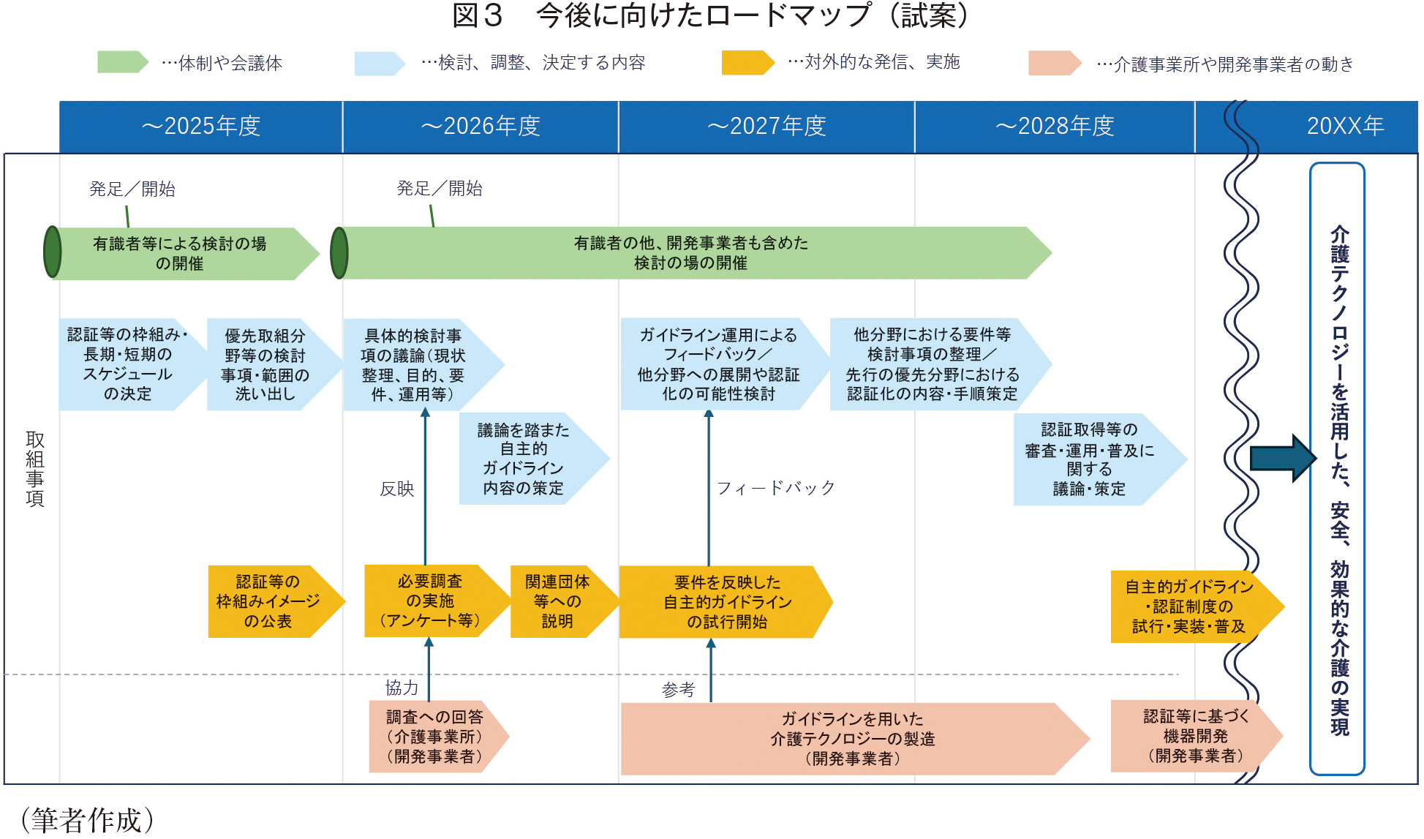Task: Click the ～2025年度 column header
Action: click(201, 127)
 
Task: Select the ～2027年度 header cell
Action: click(766, 127)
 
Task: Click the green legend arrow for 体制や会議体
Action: click(122, 62)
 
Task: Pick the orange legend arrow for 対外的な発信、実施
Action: click(747, 62)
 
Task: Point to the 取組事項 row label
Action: click(34, 469)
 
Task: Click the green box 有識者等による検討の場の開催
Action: click(180, 253)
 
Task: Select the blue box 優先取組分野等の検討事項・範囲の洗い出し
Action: click(265, 364)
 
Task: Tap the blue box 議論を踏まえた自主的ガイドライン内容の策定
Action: click(524, 459)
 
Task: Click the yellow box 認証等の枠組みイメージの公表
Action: click(268, 601)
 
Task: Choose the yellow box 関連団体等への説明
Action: click(557, 601)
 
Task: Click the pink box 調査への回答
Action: click(434, 737)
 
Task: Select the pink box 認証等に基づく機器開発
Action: click(1195, 736)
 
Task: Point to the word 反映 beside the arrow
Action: click(397, 489)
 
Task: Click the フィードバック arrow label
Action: click(775, 488)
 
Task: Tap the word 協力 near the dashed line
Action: click(402, 688)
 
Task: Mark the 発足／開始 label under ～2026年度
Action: click(440, 189)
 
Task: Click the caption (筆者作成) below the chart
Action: click(88, 820)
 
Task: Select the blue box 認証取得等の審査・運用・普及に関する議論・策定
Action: click(1090, 459)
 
